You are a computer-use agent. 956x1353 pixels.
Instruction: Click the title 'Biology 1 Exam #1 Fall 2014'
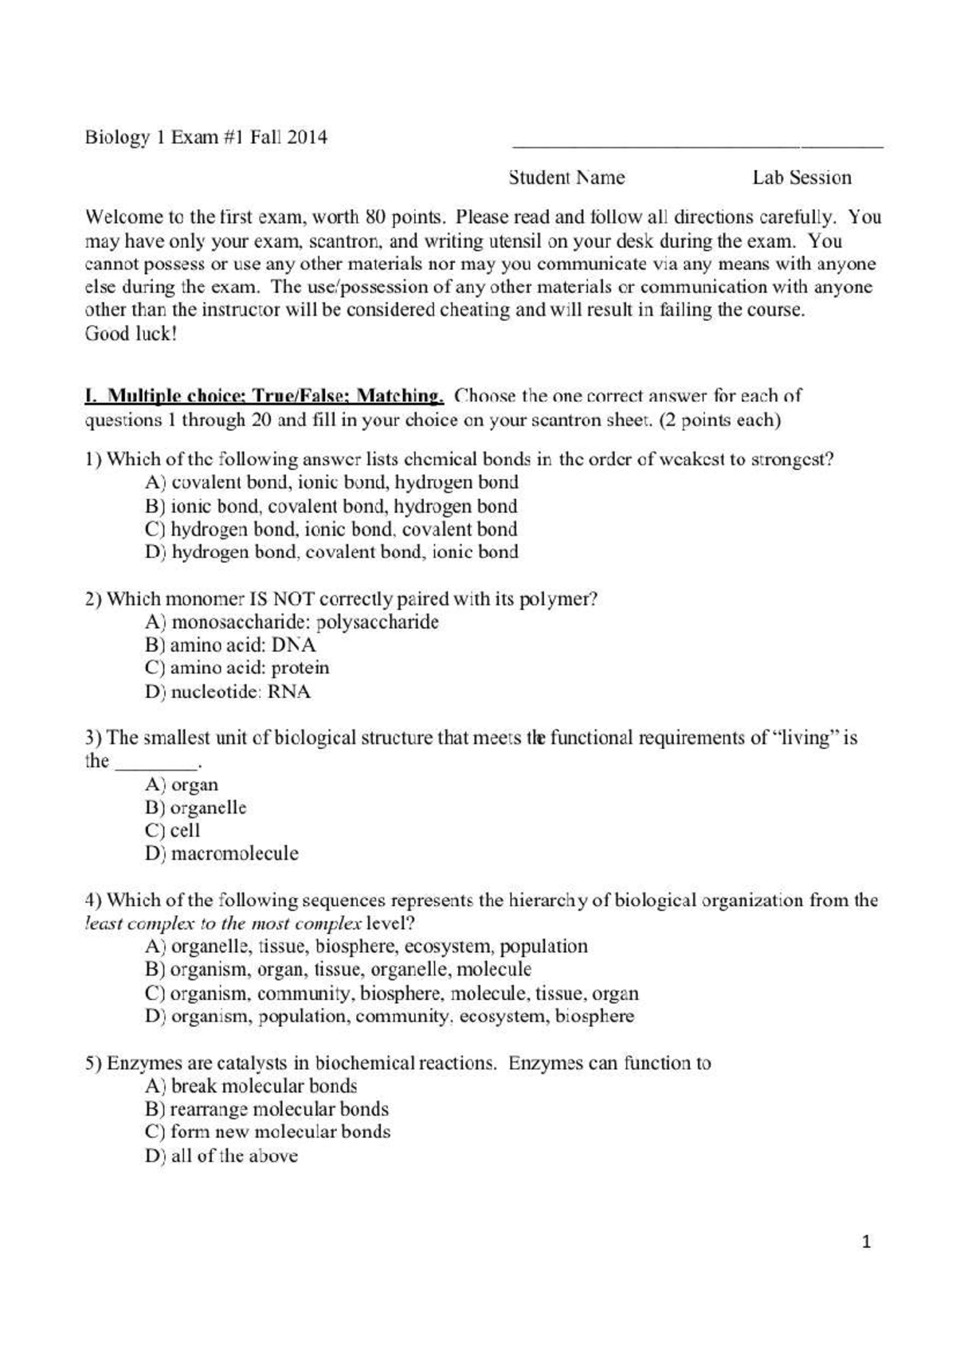tap(206, 138)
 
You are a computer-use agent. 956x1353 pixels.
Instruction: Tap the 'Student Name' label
tap(566, 178)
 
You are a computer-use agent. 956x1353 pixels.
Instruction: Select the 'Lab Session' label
tap(801, 178)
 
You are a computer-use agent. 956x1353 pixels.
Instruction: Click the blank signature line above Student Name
tap(697, 146)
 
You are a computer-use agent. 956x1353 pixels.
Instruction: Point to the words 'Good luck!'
tap(130, 334)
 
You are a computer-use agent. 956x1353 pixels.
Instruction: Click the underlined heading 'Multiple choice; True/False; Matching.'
tap(264, 395)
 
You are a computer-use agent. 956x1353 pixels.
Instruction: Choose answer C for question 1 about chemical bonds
tap(331, 529)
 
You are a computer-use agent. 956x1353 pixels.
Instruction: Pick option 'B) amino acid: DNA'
tap(230, 645)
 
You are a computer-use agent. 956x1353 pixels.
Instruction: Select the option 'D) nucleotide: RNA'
tap(228, 692)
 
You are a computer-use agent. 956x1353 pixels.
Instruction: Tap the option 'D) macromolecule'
tap(221, 853)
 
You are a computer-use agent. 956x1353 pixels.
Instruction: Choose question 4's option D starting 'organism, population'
tap(390, 1016)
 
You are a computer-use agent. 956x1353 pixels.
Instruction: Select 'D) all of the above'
tap(221, 1155)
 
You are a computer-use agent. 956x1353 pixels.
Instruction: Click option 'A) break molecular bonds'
tap(251, 1086)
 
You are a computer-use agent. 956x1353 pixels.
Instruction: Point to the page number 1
tap(868, 1241)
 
